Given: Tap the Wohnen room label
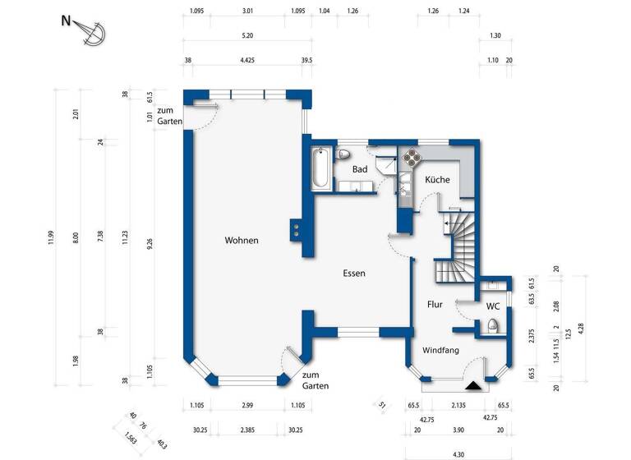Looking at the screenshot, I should tap(242, 241).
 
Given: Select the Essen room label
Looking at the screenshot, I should tap(354, 274).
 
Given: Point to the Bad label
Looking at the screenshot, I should tap(360, 169).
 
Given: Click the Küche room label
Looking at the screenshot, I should tap(437, 179).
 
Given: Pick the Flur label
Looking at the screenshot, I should tap(435, 305).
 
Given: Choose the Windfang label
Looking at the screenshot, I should tap(440, 350).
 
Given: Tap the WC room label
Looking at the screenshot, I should tap(493, 306).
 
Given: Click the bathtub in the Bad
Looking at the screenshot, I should tap(321, 170).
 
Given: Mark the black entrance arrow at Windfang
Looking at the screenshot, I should tap(473, 383).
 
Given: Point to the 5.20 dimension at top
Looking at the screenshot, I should tap(247, 36).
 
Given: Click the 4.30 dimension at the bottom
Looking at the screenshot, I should tap(458, 453).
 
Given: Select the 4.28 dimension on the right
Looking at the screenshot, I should tap(581, 328).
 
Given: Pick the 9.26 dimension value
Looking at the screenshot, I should tap(150, 244).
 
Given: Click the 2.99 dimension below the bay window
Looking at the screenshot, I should tap(247, 406).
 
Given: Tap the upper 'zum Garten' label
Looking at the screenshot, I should tap(170, 116).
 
